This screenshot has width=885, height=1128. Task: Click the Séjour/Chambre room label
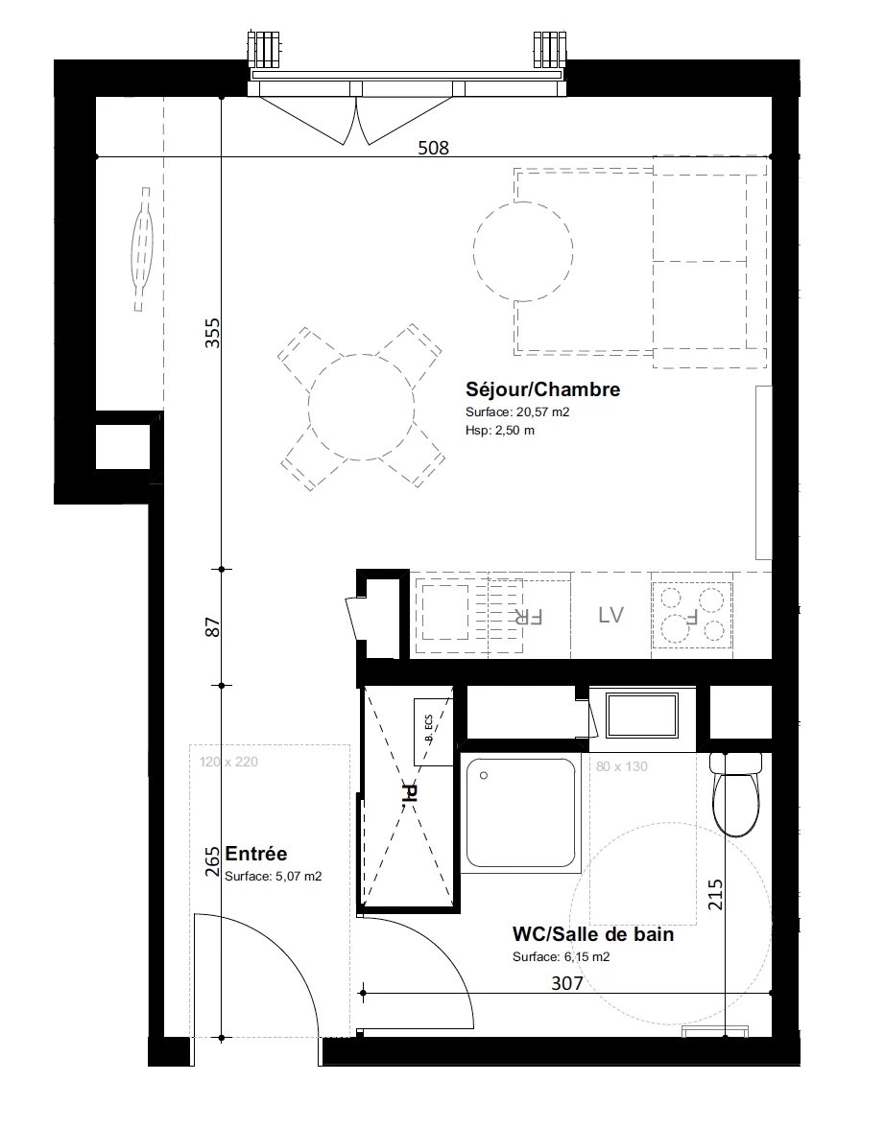coord(542,389)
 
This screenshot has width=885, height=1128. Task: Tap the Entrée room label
coord(255,854)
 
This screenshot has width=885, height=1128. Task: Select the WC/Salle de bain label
coord(592,934)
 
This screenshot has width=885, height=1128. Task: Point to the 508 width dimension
coord(434,148)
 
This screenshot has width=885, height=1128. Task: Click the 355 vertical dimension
coord(212,333)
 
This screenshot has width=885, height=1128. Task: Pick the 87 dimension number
coord(212,627)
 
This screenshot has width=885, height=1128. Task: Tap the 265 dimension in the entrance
coord(212,861)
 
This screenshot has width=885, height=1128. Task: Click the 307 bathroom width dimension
coord(566,982)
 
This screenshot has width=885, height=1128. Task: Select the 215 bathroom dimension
coord(715,895)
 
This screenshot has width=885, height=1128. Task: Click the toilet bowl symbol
coord(736,794)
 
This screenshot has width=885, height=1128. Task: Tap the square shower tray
coord(520,813)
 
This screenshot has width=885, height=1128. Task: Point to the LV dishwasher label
coord(610,615)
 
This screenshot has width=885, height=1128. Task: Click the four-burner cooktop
coord(693,615)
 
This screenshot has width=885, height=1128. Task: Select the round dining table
coord(362,407)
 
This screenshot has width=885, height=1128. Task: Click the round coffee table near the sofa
coord(523,249)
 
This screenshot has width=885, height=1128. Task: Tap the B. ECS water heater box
coord(433,732)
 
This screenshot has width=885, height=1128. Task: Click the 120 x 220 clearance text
coord(228,762)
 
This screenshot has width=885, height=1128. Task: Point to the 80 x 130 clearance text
coord(621,767)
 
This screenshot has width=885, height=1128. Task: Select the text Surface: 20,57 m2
coord(517,412)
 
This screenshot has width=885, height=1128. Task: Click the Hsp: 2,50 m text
coord(500,430)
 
